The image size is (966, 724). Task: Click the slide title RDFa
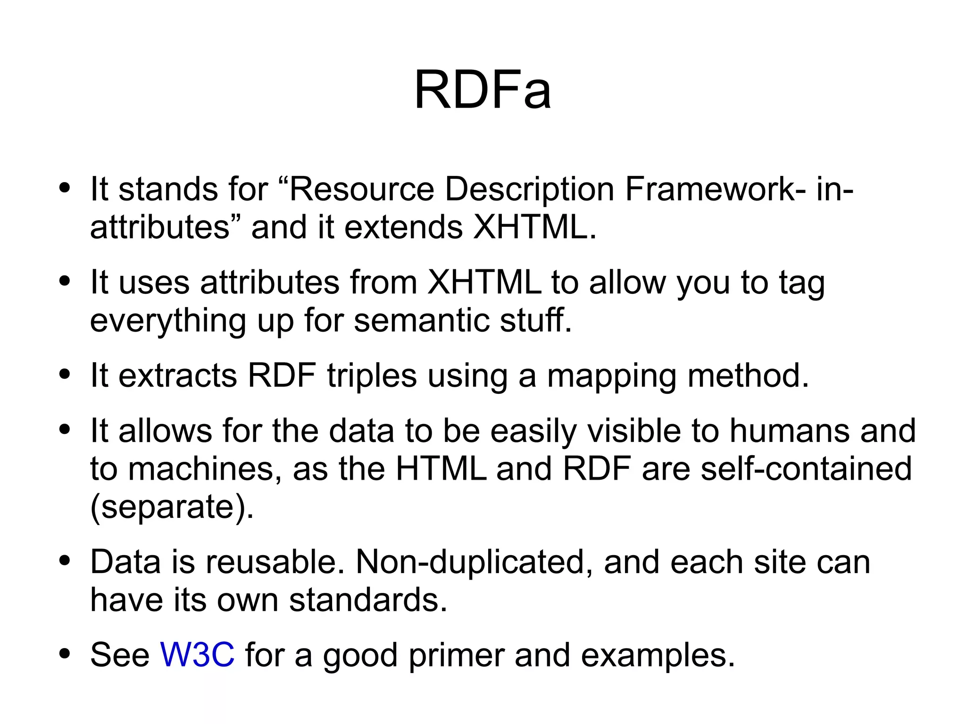pos(482,90)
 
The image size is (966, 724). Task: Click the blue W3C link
pos(197,655)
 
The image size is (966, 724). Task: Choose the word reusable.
pos(275,562)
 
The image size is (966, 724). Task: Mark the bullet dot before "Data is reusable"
pos(65,561)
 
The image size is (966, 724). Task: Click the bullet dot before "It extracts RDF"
pos(65,375)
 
